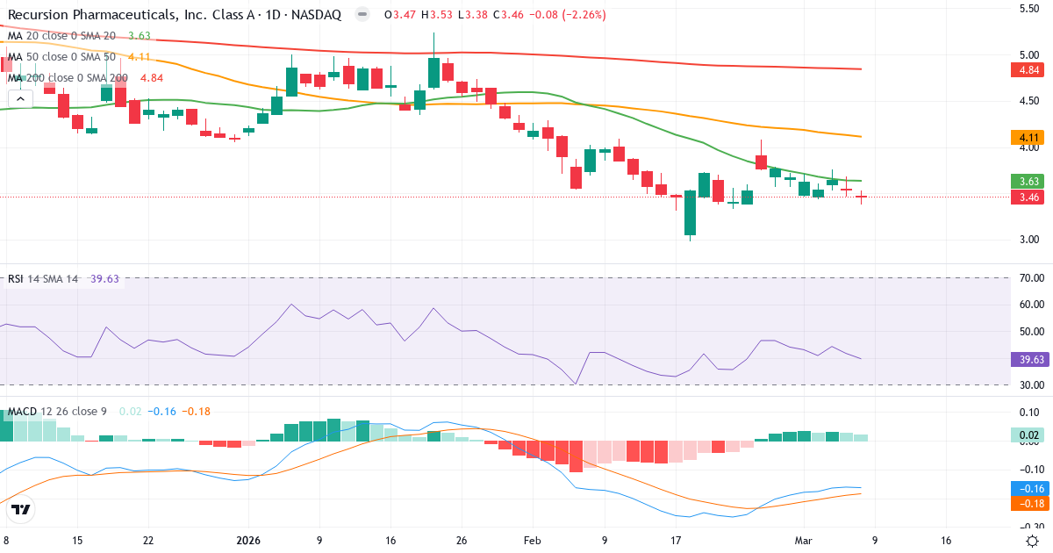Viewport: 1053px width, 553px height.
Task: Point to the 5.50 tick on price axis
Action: (x=1028, y=9)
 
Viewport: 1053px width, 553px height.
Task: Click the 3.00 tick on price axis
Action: (x=1028, y=240)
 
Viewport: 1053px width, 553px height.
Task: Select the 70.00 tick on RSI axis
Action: (x=1028, y=278)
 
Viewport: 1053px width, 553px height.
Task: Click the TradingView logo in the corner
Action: (x=21, y=509)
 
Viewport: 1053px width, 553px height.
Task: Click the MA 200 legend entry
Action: (x=68, y=77)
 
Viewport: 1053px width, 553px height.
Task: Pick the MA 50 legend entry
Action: (x=61, y=57)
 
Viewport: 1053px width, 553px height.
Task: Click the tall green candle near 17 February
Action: (x=690, y=213)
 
